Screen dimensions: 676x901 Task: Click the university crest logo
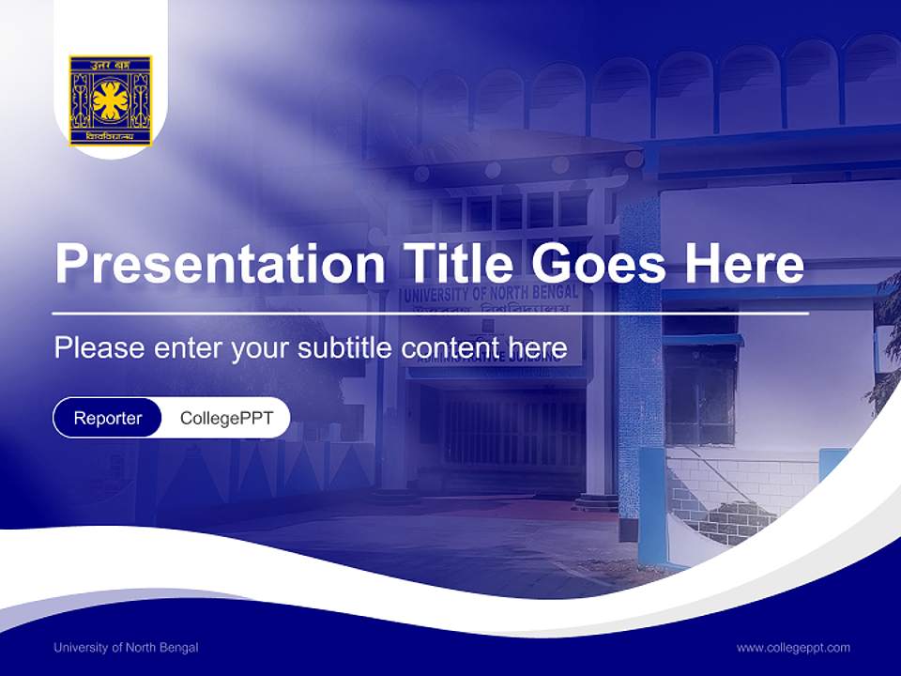[110, 100]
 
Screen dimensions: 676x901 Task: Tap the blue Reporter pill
[108, 418]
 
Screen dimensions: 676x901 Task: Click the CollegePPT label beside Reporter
[226, 418]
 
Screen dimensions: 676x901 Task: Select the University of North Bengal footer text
[126, 647]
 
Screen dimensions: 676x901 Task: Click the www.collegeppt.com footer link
[793, 647]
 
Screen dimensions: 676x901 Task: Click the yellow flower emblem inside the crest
[110, 99]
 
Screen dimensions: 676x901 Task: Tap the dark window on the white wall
[700, 394]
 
